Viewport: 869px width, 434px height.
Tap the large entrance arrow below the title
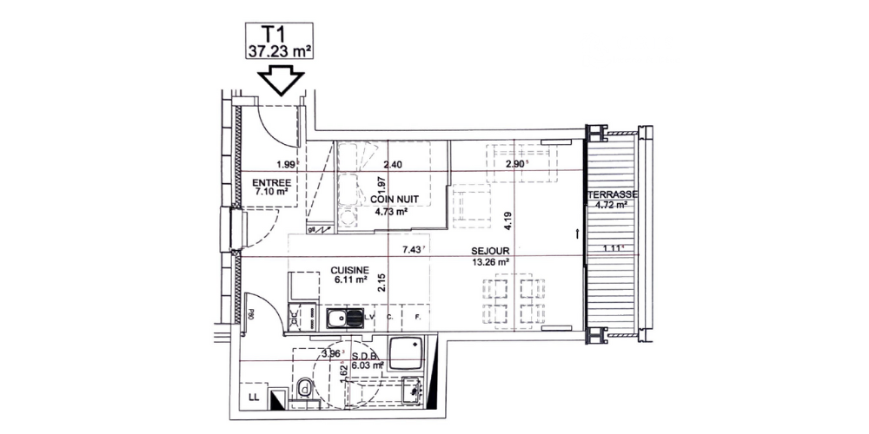click(280, 81)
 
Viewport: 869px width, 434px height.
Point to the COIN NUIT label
click(396, 200)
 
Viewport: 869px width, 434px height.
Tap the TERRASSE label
click(613, 195)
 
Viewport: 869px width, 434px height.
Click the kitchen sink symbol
click(345, 318)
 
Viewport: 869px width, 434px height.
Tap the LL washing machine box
click(254, 398)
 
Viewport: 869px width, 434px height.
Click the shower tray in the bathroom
click(406, 354)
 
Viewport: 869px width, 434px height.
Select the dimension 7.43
click(411, 250)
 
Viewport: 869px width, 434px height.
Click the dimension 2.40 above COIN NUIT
click(393, 164)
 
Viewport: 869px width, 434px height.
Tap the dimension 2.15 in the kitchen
click(382, 284)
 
